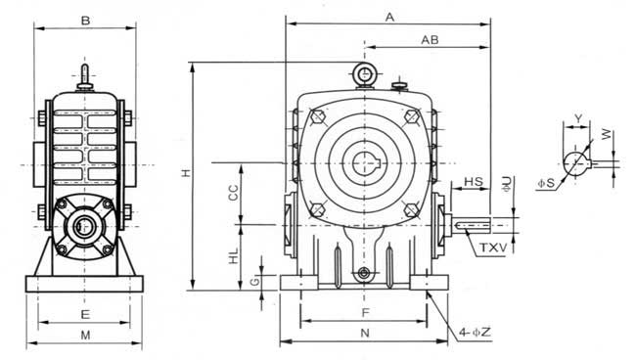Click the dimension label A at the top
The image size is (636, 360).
389,18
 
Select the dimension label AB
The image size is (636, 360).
430,40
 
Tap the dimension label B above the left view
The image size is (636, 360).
85,21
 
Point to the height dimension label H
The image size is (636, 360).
185,173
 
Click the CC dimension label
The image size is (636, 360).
233,193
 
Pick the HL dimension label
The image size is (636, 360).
234,256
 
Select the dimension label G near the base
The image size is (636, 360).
254,282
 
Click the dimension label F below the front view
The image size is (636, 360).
366,313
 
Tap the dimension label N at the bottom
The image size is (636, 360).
365,333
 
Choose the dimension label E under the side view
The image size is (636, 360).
85,315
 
